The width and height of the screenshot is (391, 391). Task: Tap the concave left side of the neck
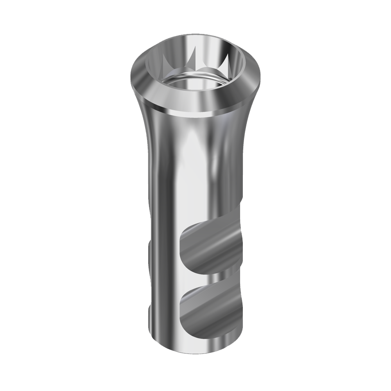147,129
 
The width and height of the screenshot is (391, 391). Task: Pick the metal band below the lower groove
199,340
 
